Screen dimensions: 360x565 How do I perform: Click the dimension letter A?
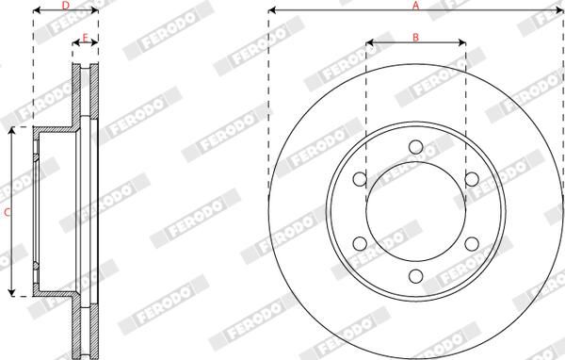click(415, 6)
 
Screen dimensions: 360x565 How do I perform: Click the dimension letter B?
click(415, 36)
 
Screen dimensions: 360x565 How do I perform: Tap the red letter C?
click(7, 213)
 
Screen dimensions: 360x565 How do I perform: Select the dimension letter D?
click(65, 6)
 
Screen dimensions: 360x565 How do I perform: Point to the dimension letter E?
click(86, 37)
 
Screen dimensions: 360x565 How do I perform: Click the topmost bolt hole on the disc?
click(415, 147)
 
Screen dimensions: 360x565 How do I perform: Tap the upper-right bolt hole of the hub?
click(471, 180)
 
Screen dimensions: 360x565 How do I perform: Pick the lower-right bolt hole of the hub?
click(471, 245)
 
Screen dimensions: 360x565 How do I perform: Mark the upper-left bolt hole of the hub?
click(359, 180)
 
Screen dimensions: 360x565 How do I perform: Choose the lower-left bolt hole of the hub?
click(359, 245)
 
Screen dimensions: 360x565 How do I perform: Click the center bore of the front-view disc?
click(415, 212)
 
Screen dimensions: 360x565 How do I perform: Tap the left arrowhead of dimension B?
click(368, 43)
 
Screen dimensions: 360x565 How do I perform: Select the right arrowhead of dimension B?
click(463, 43)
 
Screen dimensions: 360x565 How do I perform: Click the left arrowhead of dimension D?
click(36, 13)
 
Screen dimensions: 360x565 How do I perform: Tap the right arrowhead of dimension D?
click(96, 13)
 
